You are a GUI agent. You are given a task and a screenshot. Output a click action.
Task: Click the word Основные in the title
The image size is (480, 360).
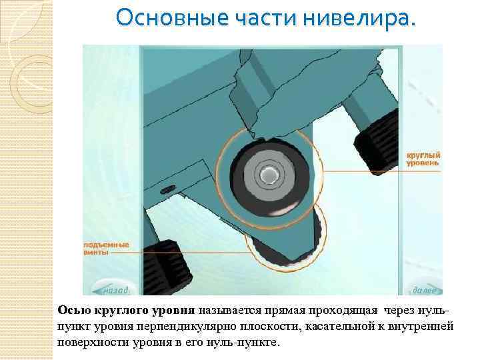click(173, 18)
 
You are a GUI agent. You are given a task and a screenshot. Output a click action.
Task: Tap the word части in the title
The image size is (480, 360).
click(266, 18)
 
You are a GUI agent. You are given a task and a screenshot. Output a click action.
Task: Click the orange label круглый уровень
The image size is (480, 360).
click(423, 159)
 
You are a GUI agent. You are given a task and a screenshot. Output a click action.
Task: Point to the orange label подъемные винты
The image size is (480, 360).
click(106, 249)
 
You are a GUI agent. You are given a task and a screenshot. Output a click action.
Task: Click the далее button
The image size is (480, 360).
click(424, 290)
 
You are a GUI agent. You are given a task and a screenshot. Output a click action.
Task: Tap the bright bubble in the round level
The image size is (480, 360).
click(268, 175)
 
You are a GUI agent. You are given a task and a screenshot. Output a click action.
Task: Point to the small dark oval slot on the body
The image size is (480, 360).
click(168, 189)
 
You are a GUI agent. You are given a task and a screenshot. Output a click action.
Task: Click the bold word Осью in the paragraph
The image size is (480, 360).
click(74, 311)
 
